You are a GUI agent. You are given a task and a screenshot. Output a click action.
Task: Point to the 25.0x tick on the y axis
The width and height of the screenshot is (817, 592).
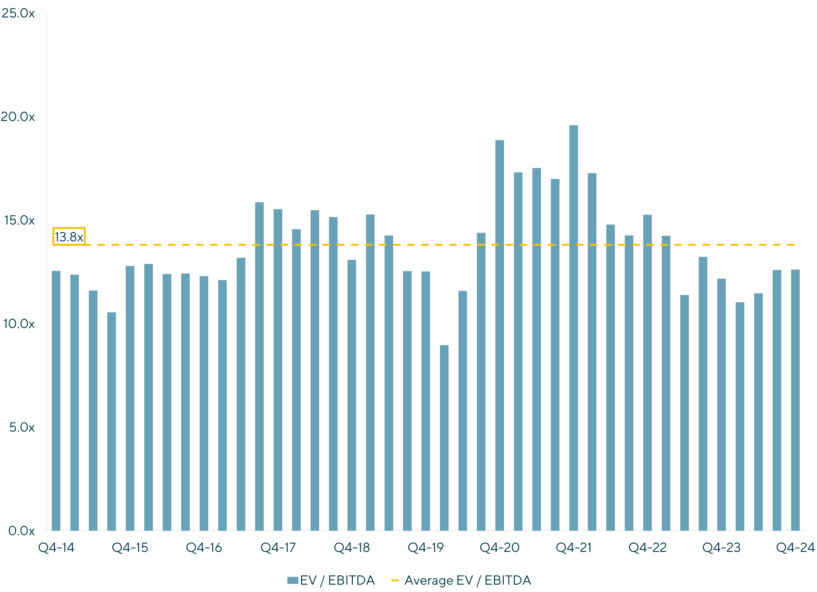(x=18, y=13)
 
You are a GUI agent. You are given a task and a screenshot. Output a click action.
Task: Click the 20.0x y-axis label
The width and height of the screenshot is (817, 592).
(x=18, y=117)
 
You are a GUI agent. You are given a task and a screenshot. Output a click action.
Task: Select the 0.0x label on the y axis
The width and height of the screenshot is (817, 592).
(x=22, y=531)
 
